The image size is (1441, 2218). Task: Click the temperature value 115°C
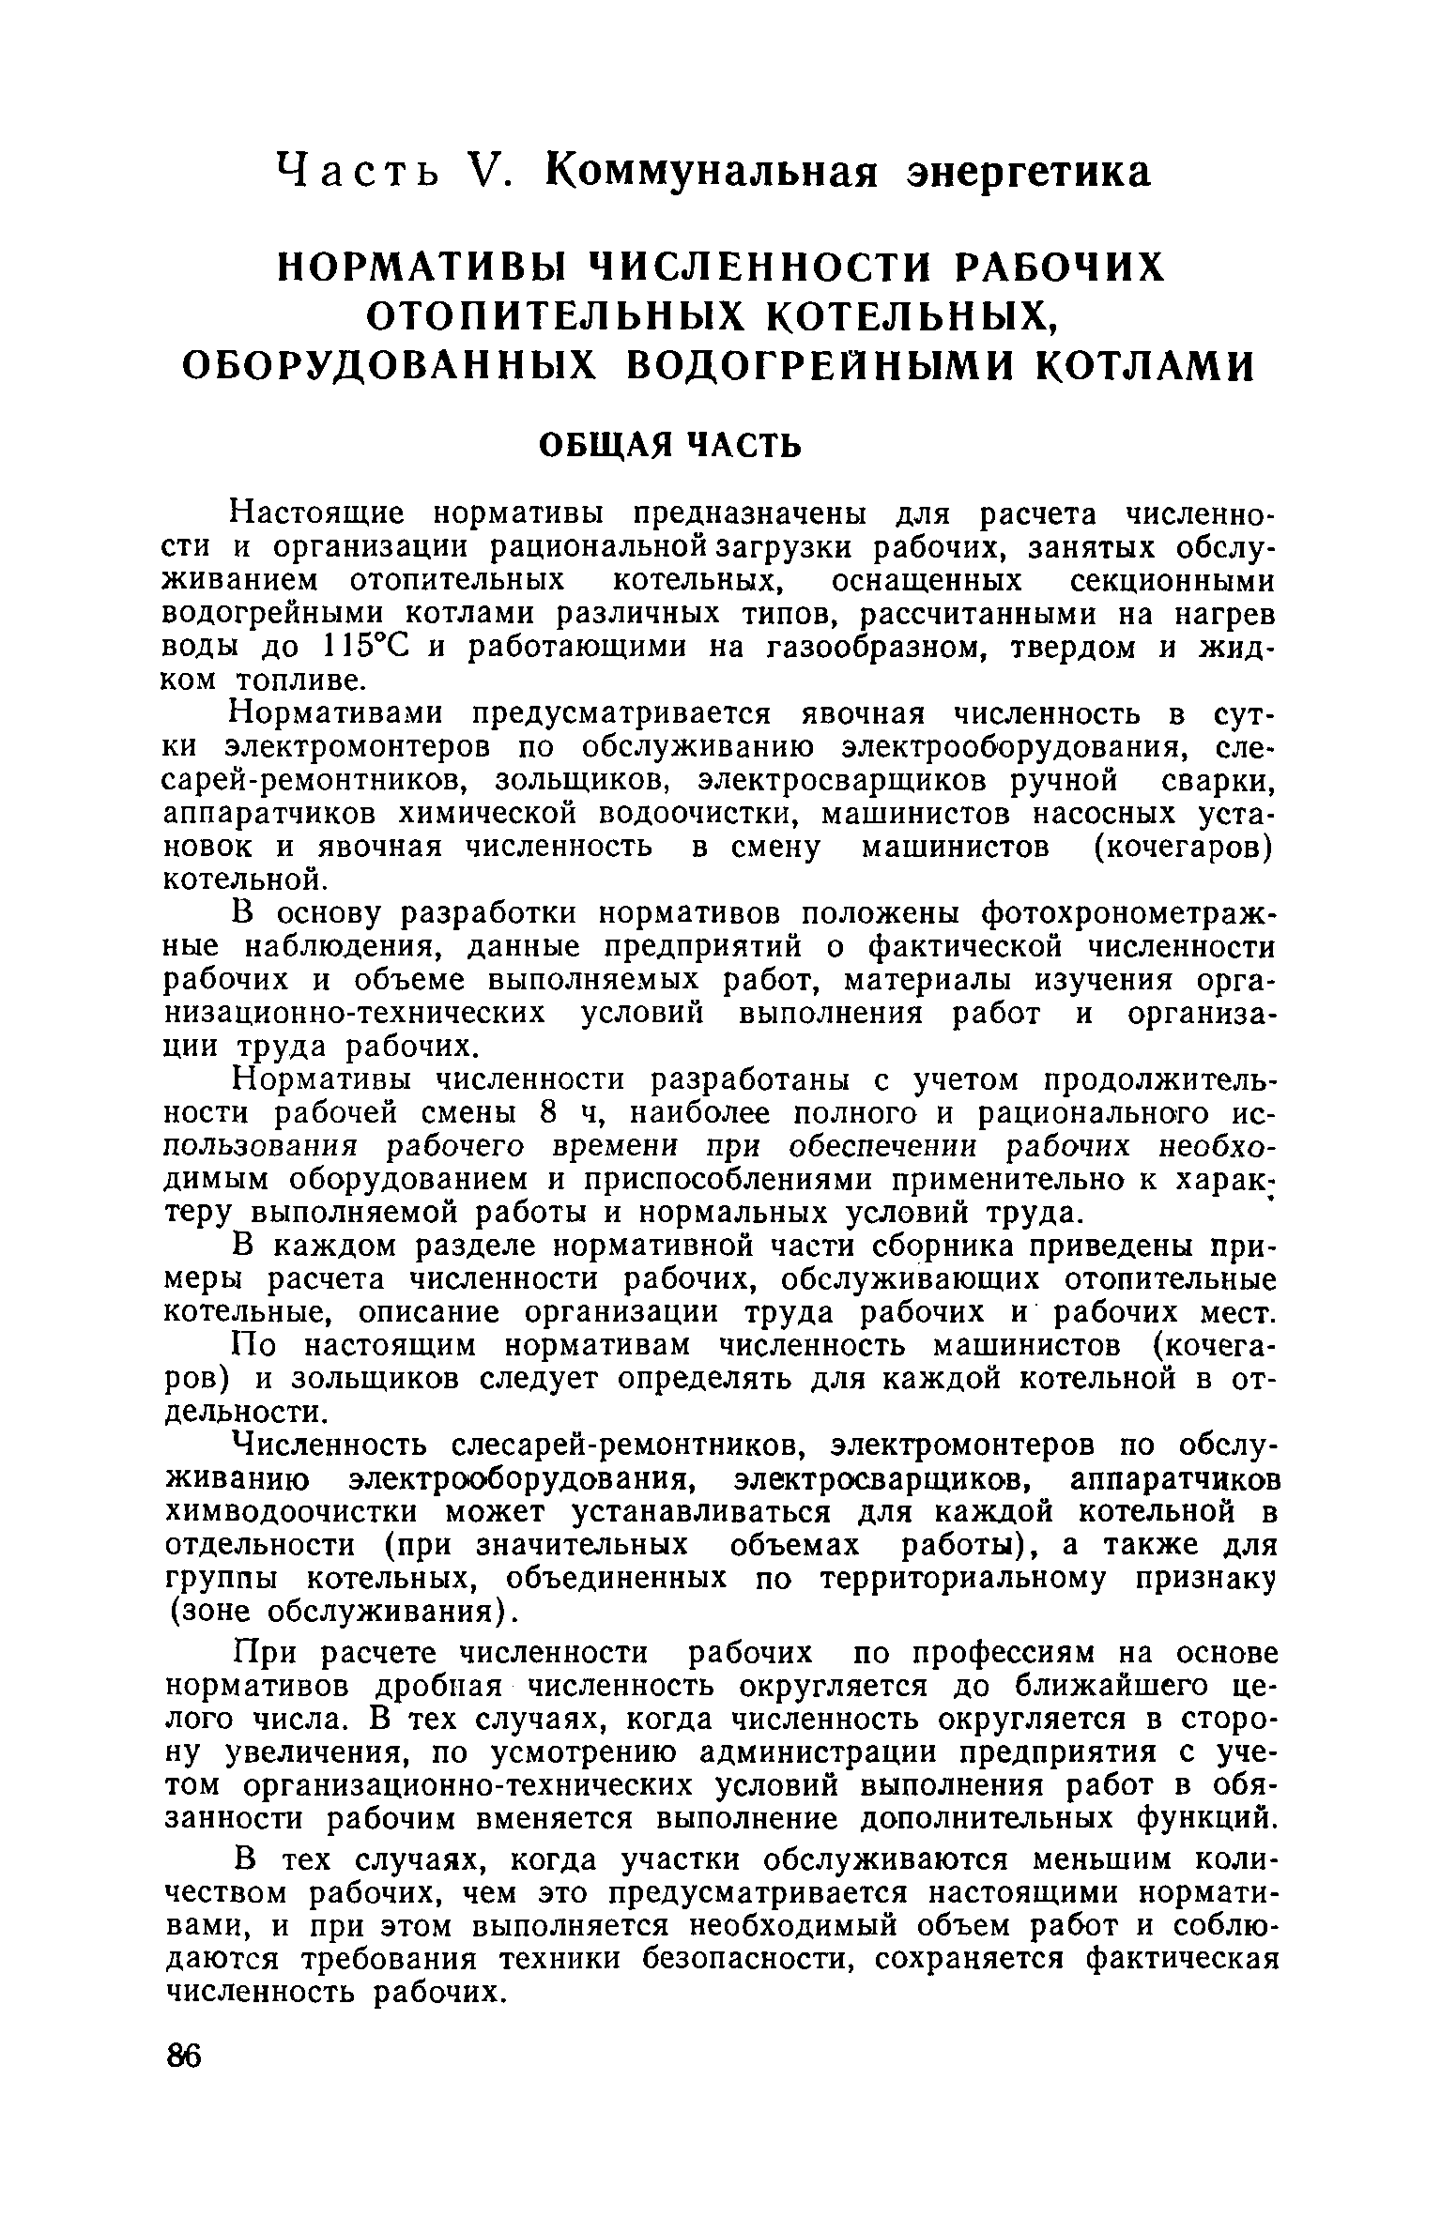click(x=362, y=648)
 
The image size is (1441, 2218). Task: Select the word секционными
click(x=1173, y=581)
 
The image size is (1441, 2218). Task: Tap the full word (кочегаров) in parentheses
click(x=1185, y=847)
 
